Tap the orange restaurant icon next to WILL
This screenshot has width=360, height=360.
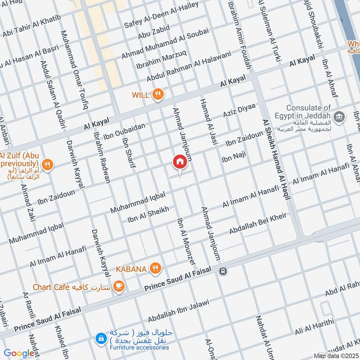(157, 94)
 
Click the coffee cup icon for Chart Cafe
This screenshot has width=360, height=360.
(119, 286)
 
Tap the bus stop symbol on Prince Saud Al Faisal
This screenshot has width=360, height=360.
(223, 271)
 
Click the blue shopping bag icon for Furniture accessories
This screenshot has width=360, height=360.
(102, 337)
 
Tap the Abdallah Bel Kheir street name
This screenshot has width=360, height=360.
(258, 224)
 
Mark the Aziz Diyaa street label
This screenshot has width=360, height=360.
(239, 111)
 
